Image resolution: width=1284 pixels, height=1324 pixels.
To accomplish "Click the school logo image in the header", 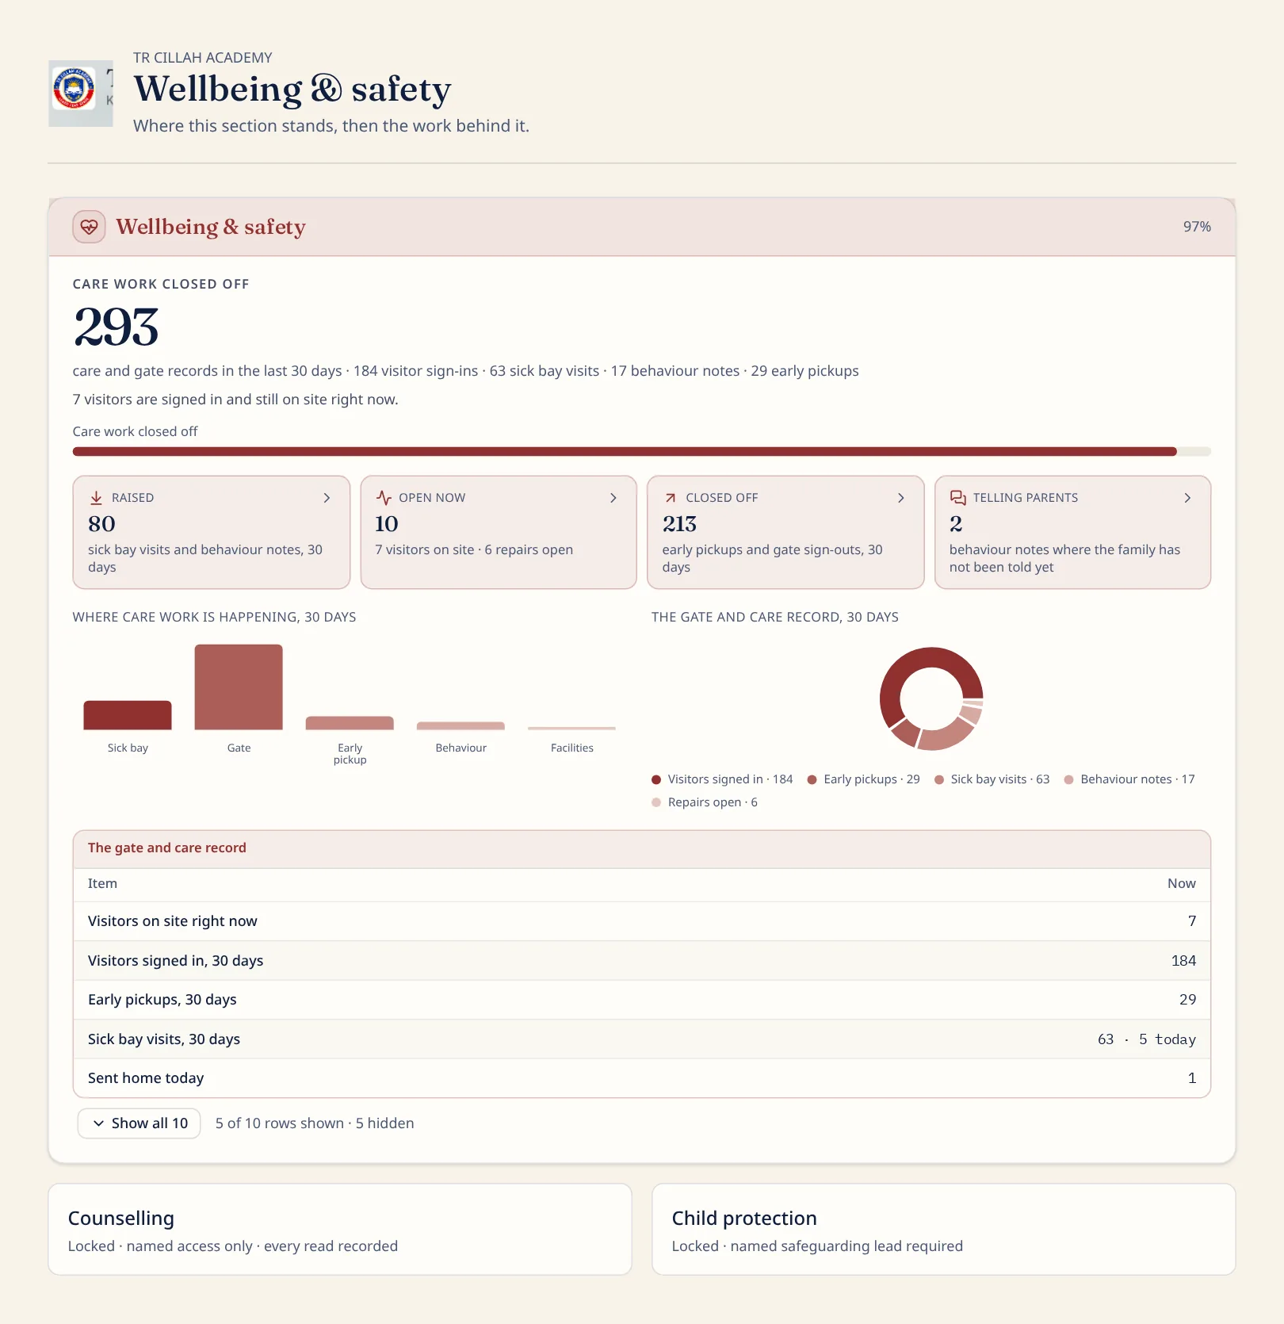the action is click(81, 93).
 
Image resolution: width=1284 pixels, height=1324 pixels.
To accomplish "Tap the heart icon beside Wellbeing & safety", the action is click(90, 227).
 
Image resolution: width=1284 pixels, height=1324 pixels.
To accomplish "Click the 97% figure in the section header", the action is click(1197, 227).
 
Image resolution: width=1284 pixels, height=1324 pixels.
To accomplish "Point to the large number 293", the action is click(117, 327).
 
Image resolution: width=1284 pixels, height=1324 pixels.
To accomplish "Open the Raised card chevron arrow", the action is click(327, 498).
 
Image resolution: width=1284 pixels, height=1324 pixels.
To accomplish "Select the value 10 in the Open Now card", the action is click(387, 524).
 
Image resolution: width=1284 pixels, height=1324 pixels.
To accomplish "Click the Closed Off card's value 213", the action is click(679, 524).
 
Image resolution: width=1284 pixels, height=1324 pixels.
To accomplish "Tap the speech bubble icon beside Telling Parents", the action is click(957, 498).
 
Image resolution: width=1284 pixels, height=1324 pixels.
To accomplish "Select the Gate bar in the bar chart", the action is click(239, 687).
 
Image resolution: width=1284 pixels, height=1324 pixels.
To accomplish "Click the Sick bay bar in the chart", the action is click(128, 715).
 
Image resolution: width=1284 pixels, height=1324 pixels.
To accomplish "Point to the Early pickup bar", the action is click(350, 723).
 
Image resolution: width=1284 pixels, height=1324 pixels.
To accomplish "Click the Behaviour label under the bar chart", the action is click(461, 748).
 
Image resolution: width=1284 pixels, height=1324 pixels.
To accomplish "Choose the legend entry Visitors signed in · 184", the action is click(722, 779).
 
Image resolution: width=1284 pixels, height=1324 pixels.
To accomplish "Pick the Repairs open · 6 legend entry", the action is click(705, 802).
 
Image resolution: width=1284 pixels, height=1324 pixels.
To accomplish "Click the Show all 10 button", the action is click(139, 1123).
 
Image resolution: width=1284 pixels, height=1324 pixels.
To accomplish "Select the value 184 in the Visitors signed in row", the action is click(1183, 961).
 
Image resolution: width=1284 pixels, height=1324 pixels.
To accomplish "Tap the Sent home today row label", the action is click(146, 1078).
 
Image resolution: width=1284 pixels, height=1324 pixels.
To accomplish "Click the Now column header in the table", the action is click(1181, 883).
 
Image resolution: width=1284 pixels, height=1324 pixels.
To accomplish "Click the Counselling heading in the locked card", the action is click(121, 1219).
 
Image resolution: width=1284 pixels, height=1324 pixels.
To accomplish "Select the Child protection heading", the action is click(744, 1219).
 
